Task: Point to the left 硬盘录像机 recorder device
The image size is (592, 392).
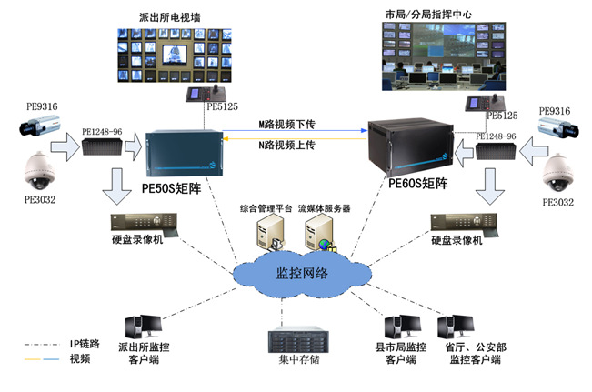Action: [139, 223]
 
